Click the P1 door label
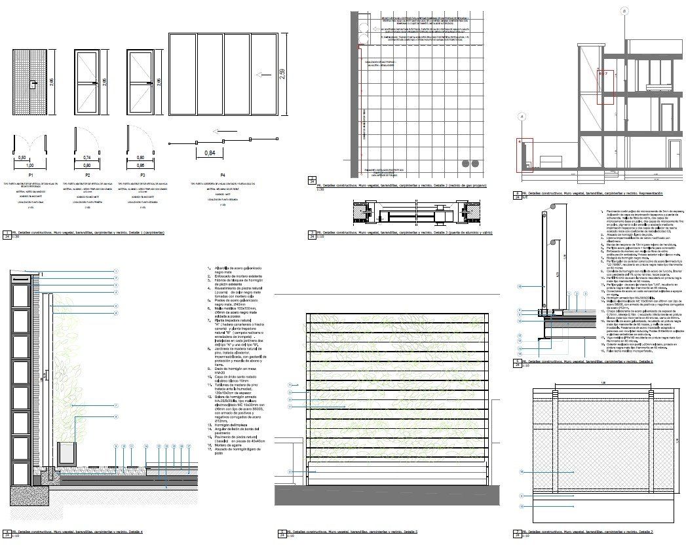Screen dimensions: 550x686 pos(31,175)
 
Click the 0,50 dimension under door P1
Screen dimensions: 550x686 pos(22,158)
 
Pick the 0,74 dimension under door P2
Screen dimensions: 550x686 pos(87,158)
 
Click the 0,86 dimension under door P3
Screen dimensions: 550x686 pos(140,158)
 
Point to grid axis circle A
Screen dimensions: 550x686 pos(522,117)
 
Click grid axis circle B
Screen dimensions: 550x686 pos(624,11)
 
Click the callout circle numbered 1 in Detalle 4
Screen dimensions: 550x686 pos(115,270)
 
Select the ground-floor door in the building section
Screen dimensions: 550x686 pos(668,115)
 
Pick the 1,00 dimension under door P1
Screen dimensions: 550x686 pos(31,166)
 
